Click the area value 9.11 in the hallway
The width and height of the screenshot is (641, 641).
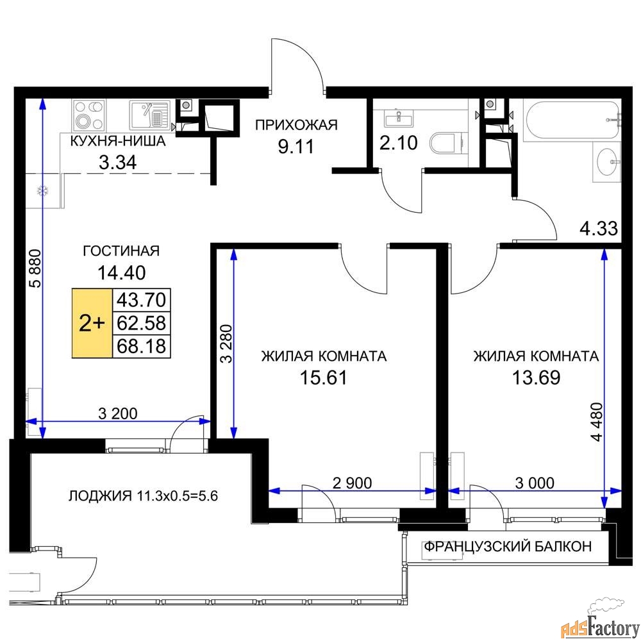click(x=296, y=146)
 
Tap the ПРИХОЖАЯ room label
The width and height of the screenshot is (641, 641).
click(x=296, y=125)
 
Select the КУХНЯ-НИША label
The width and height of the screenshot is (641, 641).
click(x=118, y=141)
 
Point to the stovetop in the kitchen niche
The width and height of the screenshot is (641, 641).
click(x=89, y=115)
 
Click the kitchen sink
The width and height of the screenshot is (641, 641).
click(x=149, y=115)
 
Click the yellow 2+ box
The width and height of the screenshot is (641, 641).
click(x=92, y=323)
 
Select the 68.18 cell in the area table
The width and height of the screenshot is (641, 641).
click(x=142, y=346)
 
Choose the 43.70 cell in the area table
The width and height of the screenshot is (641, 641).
click(x=142, y=300)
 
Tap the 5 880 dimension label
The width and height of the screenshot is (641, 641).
click(x=35, y=268)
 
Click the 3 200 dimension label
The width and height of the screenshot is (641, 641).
click(x=118, y=413)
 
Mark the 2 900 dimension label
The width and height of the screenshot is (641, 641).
click(x=352, y=483)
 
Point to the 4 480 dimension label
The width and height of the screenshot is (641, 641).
click(x=596, y=422)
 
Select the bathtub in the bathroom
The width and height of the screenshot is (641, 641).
click(x=572, y=121)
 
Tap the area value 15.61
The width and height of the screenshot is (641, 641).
click(x=323, y=378)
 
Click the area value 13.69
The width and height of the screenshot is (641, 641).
click(x=536, y=378)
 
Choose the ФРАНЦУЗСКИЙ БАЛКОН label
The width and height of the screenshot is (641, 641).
click(x=508, y=546)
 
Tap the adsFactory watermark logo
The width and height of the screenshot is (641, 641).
click(x=599, y=621)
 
